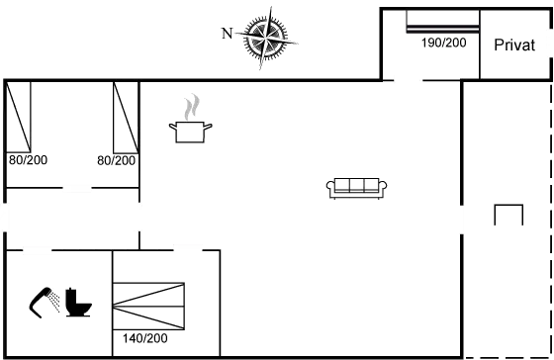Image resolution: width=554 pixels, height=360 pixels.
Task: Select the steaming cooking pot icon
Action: [x=191, y=122]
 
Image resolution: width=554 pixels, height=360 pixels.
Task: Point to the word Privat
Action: [x=514, y=45]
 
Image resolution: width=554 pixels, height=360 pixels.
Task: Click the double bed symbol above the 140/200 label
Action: [x=149, y=304]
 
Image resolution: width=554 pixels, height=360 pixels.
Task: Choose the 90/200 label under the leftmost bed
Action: [x=28, y=159]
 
